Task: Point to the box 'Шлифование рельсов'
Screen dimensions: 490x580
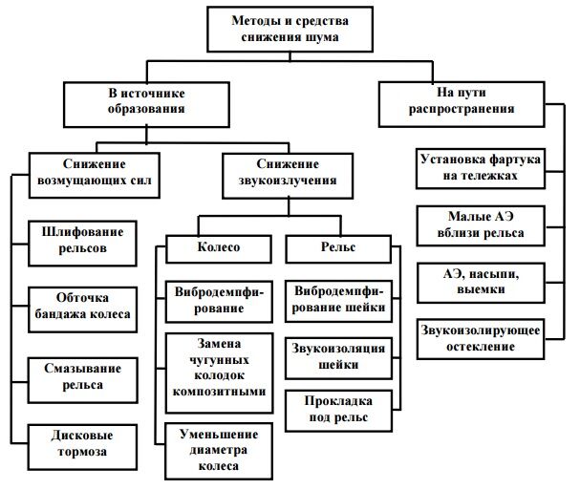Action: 79,240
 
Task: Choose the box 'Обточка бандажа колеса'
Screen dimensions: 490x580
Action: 79,307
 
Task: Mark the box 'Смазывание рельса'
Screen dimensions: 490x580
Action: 79,375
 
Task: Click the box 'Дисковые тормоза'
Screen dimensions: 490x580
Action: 79,444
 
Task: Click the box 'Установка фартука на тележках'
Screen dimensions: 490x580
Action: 481,168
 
